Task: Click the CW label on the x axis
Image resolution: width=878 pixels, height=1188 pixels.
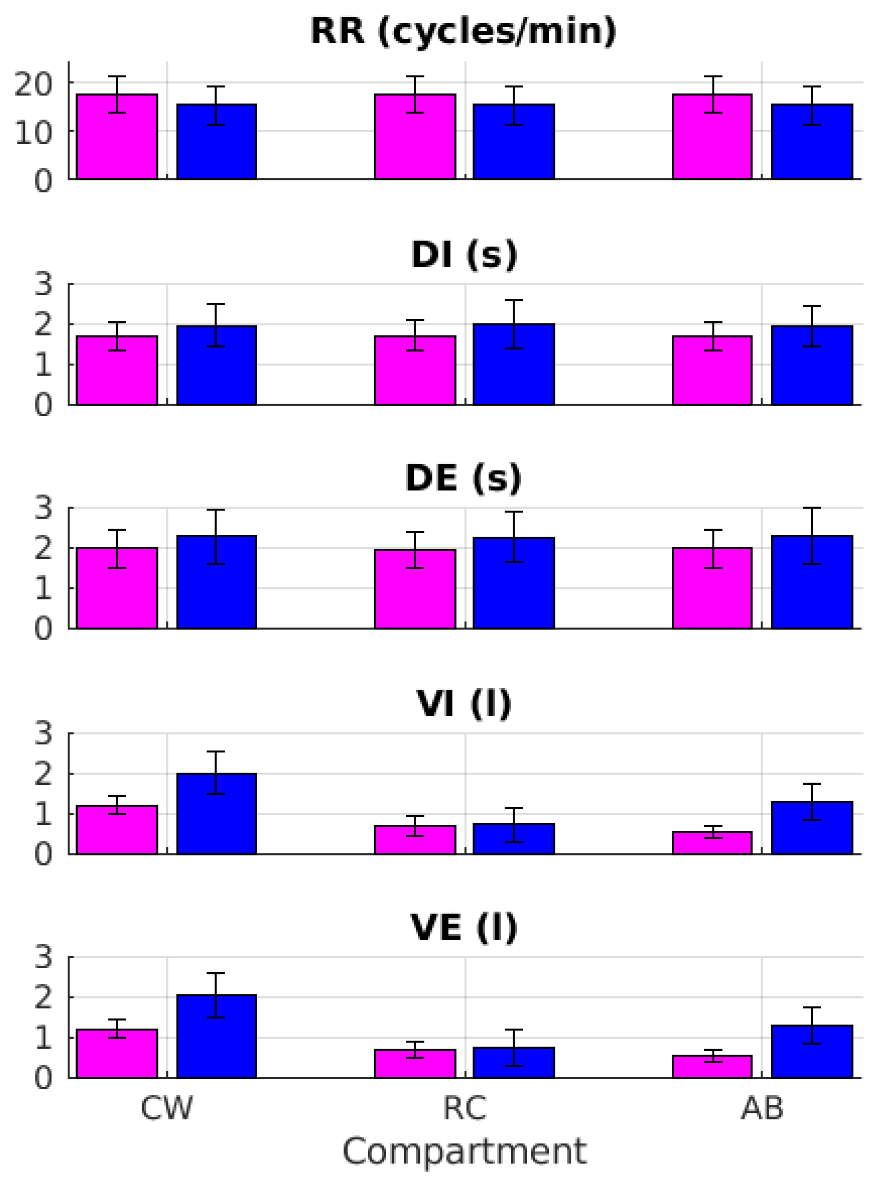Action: pos(166,1108)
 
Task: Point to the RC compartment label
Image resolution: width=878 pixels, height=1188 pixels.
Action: pos(464,1108)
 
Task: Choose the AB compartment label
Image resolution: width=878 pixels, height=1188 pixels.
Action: pos(762,1108)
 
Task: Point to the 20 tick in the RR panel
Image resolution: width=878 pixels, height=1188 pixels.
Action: pos(33,84)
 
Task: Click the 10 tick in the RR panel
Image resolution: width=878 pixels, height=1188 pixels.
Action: pos(33,133)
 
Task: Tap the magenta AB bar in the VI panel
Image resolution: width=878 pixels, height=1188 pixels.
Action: pos(712,843)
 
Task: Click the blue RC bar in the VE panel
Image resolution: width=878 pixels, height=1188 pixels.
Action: pos(514,1063)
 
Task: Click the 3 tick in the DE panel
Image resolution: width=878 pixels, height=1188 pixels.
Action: pos(44,507)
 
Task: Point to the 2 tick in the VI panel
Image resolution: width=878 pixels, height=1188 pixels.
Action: pos(44,774)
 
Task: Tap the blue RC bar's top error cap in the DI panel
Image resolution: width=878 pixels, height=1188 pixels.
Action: pos(514,301)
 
